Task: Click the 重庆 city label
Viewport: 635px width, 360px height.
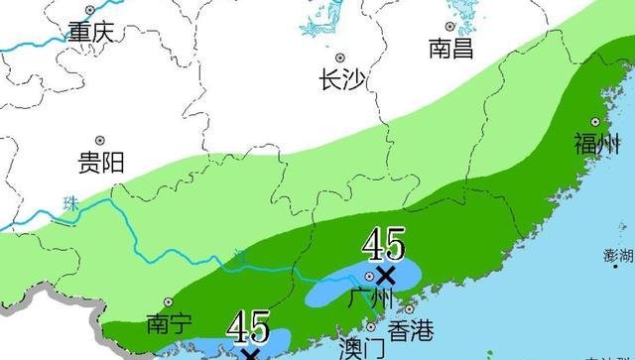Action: click(90, 33)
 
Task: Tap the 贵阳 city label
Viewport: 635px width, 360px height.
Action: click(100, 163)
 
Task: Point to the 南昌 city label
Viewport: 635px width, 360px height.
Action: click(450, 48)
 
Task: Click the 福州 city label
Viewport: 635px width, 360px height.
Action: click(595, 144)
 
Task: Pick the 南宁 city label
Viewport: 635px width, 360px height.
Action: click(166, 325)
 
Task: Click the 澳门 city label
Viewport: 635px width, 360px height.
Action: click(360, 349)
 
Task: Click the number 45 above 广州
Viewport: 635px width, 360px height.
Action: click(382, 243)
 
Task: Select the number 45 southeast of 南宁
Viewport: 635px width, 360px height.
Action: click(248, 325)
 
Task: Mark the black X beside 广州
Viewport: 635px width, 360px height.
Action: click(385, 274)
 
